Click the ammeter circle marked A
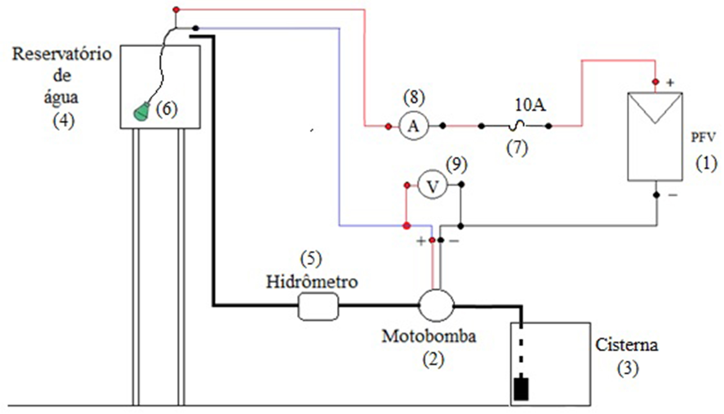[x=414, y=126]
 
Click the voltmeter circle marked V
[x=432, y=185]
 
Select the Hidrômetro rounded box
[x=318, y=306]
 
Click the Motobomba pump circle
[x=436, y=305]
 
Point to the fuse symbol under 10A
[x=516, y=126]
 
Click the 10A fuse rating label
[x=530, y=105]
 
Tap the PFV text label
[x=703, y=137]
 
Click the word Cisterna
[x=626, y=345]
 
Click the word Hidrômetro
[x=312, y=282]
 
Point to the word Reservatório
[x=62, y=54]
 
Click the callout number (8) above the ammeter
[x=414, y=97]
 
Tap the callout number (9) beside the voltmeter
[x=457, y=164]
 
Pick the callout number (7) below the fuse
[x=517, y=148]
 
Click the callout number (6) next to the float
[x=167, y=109]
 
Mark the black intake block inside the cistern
[x=521, y=389]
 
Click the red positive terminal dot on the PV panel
[x=655, y=82]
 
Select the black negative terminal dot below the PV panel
[x=656, y=195]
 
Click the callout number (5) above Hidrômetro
[x=311, y=259]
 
